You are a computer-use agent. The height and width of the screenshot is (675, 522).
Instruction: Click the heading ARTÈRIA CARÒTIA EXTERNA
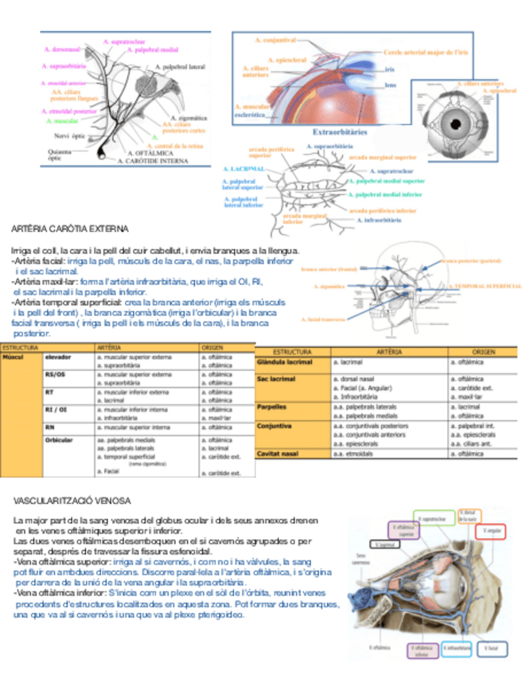70,229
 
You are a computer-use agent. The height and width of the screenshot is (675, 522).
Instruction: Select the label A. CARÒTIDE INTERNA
153,160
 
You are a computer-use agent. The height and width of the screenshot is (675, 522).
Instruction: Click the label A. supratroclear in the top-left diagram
127,40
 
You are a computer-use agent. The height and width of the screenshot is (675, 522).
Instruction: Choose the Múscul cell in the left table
14,357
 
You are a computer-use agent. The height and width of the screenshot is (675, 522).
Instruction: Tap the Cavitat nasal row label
279,453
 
